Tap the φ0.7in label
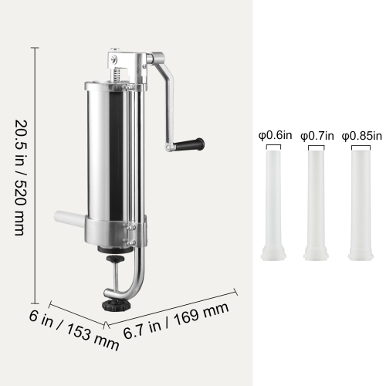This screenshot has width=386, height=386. [317, 136]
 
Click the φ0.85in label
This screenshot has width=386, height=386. [361, 136]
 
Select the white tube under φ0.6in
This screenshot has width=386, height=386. [274, 205]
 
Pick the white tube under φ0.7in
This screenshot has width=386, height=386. [317, 205]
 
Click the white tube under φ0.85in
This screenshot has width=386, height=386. [359, 205]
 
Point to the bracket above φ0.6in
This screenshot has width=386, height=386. [274, 144]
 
